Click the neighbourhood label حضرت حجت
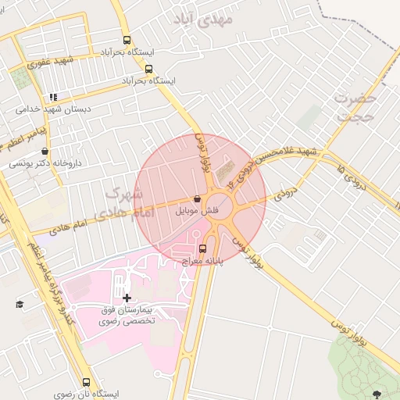click(355, 107)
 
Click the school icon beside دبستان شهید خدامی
click(53, 98)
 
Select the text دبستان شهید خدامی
click(53, 110)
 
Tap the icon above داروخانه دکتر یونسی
click(45, 152)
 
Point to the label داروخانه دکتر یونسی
click(45, 163)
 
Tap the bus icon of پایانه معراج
click(203, 248)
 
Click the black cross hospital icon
click(127, 298)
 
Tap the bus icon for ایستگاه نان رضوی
click(86, 383)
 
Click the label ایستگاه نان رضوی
click(86, 394)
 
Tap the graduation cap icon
click(20, 304)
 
